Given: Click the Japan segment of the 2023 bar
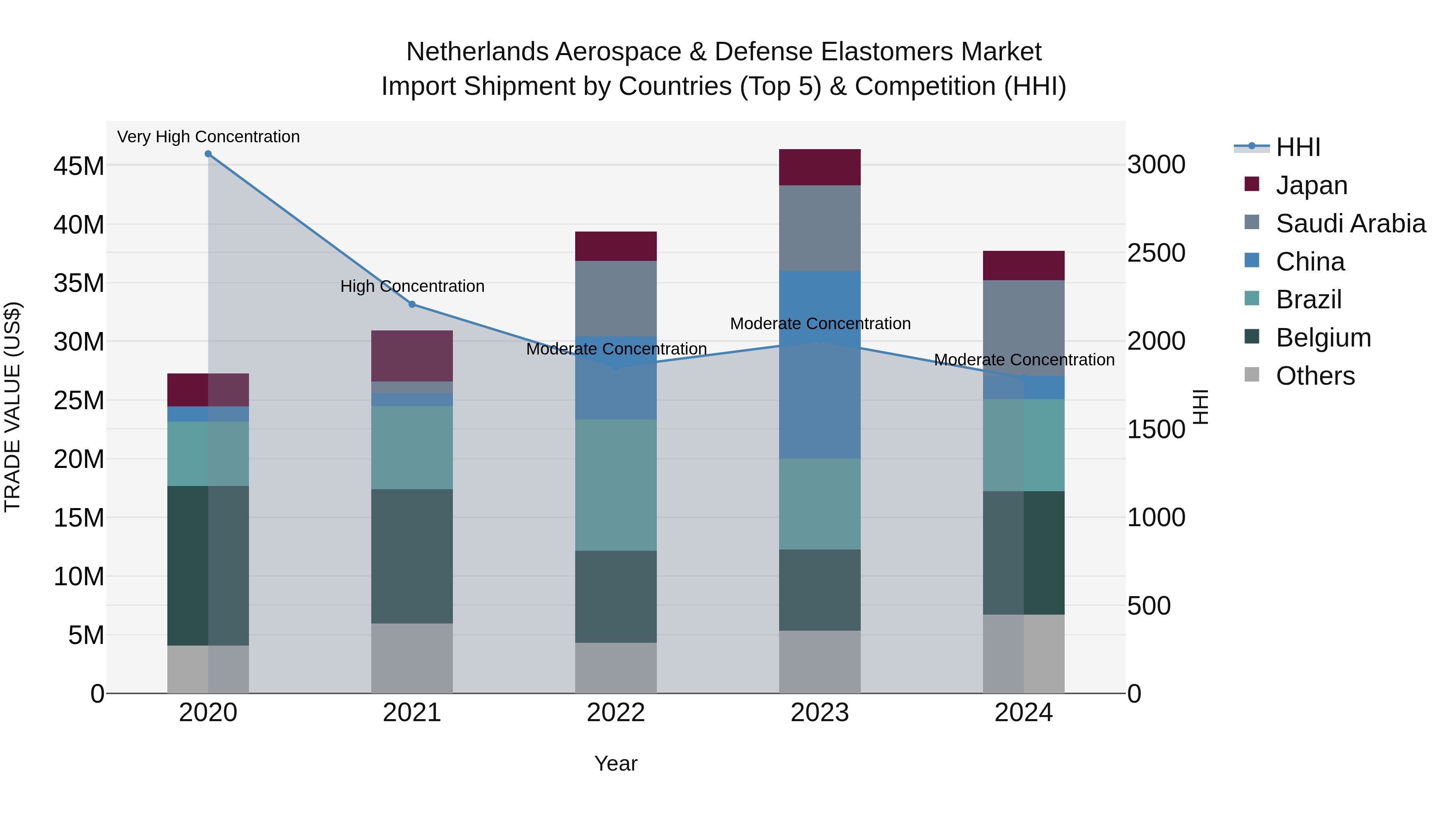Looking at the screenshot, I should [x=820, y=167].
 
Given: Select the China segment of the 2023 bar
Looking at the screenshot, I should [x=820, y=365].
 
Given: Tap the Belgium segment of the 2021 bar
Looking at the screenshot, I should [x=412, y=556].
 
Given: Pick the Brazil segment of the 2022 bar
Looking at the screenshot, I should [x=615, y=485].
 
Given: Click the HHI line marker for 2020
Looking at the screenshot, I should [x=208, y=154].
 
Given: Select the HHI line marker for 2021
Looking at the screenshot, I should [x=412, y=304].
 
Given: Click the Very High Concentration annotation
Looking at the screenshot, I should [x=208, y=137].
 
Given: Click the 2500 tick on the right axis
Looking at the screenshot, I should [x=1156, y=253].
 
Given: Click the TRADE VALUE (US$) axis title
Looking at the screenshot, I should [x=12, y=407].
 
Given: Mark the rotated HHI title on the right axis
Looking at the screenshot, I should [x=1200, y=407].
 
